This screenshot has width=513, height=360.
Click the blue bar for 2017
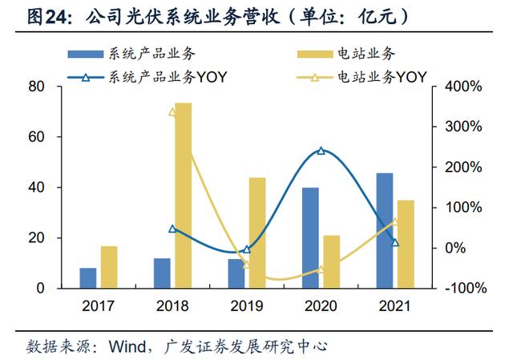coord(88,278)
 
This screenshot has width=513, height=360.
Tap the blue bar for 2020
coord(310,238)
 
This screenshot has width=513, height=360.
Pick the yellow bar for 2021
coord(406,244)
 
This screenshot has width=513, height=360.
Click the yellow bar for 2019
coord(257,233)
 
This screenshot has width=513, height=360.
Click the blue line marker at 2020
coord(321,151)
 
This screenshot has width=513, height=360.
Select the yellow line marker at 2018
coord(172,112)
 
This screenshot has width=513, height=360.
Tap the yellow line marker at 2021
coord(395,222)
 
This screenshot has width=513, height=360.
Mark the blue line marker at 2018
coord(172,229)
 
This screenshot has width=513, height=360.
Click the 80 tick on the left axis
coord(36,87)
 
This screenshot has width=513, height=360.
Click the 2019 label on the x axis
coord(247,305)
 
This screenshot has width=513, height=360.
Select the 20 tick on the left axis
coord(36,238)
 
